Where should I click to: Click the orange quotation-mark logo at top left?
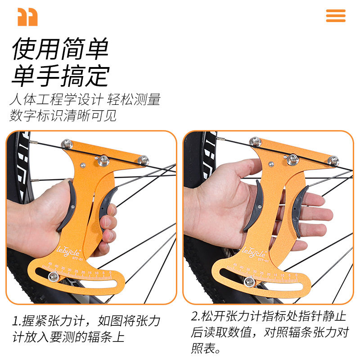click(x=27, y=17)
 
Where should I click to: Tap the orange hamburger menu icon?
click(x=336, y=15)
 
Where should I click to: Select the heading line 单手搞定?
click(x=60, y=75)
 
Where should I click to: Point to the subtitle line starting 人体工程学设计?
click(x=85, y=99)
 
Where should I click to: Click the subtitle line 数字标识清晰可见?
click(x=63, y=115)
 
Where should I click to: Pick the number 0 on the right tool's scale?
click(x=297, y=274)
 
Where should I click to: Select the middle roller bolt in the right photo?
click(x=293, y=158)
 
